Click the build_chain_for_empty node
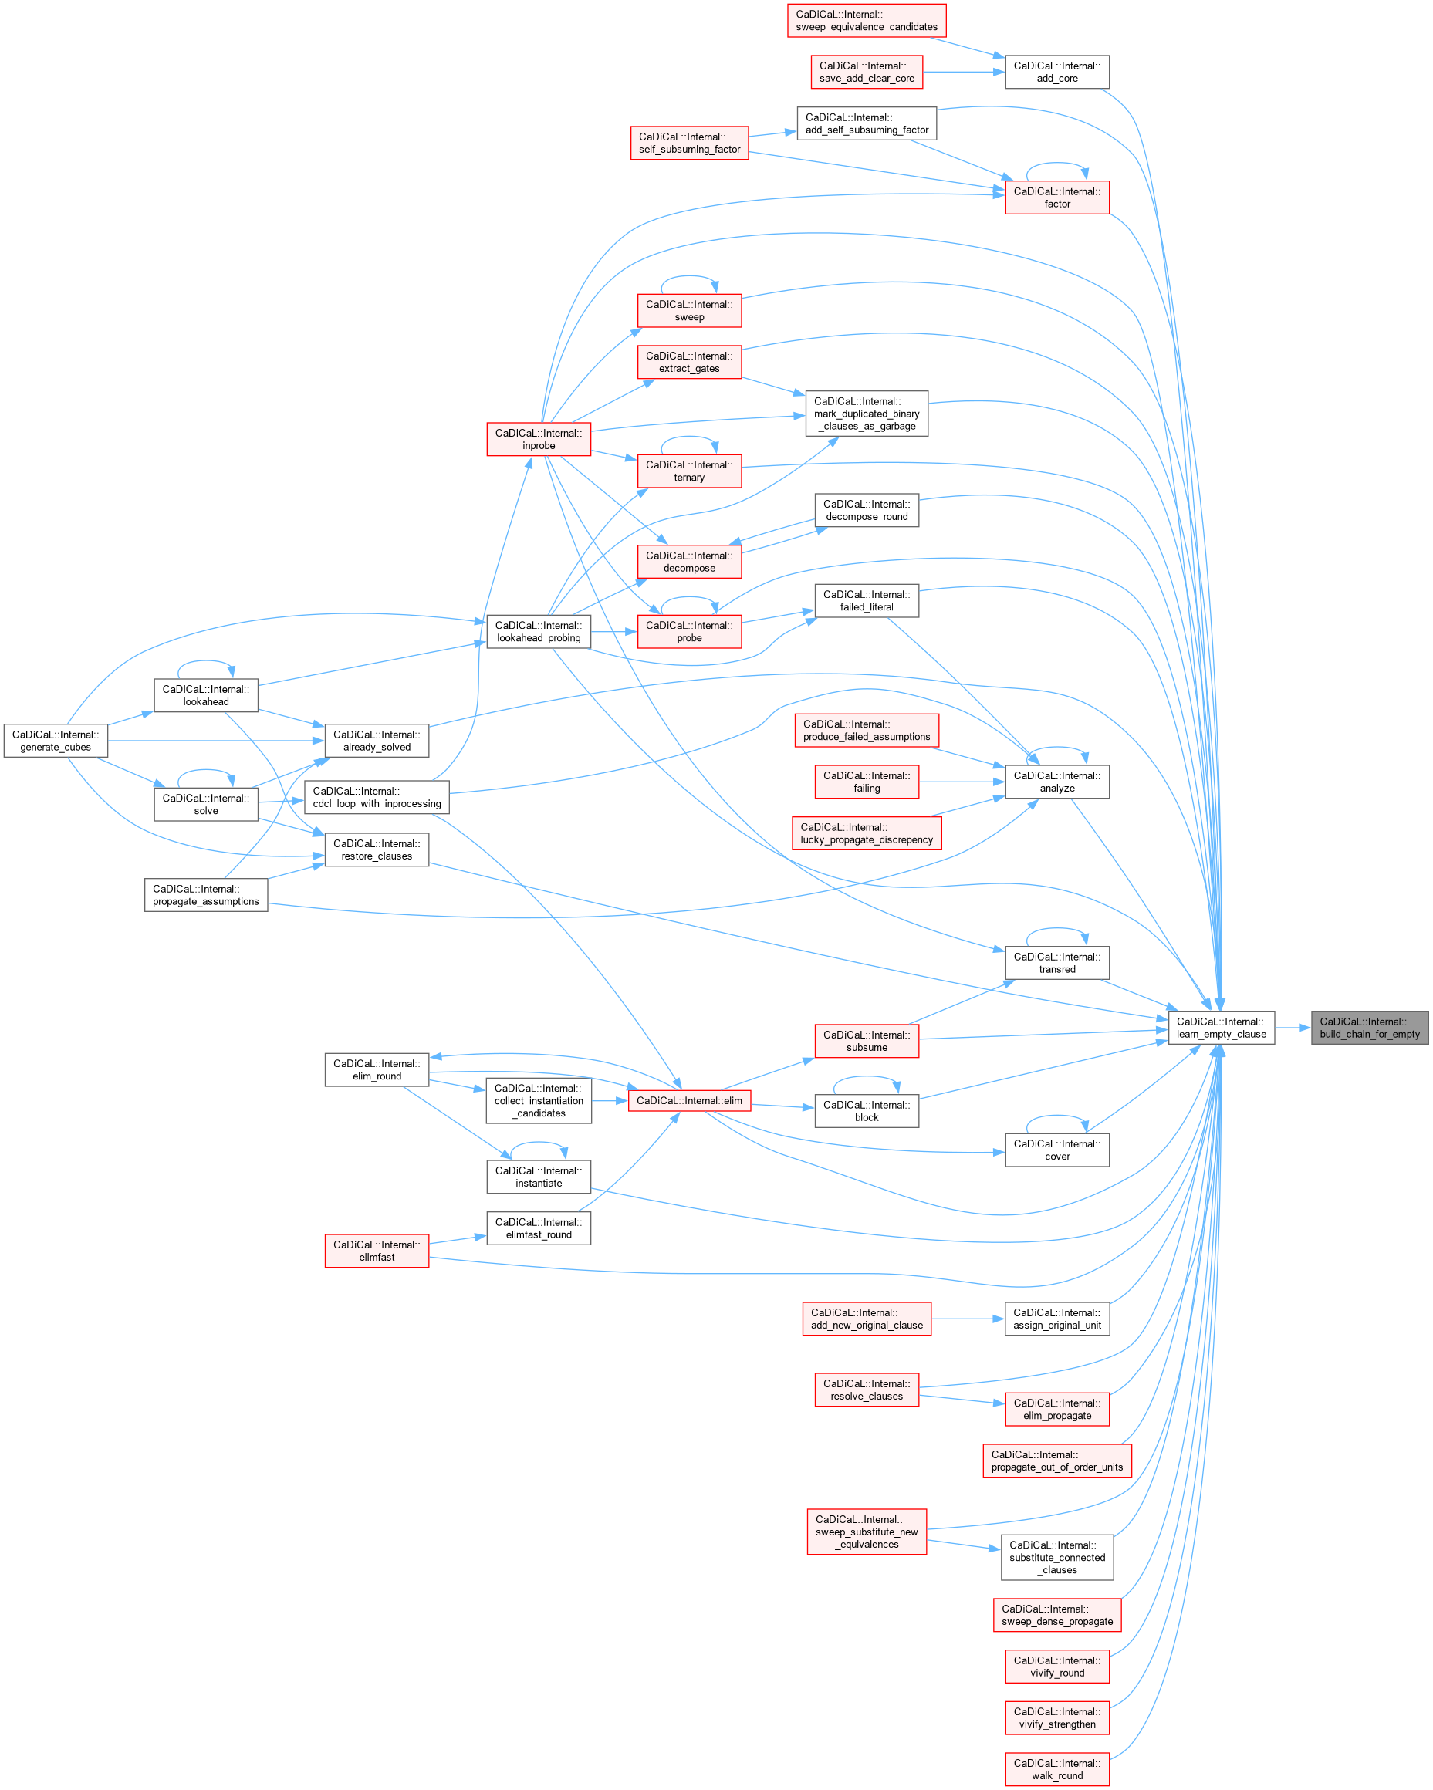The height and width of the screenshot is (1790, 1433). pyautogui.click(x=1369, y=1028)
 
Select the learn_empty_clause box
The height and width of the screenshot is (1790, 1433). pyautogui.click(x=1221, y=1028)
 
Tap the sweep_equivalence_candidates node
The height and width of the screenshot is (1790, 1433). pyautogui.click(x=866, y=21)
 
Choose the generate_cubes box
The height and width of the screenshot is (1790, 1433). pyautogui.click(x=56, y=741)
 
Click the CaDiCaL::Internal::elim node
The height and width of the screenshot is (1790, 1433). pyautogui.click(x=689, y=1101)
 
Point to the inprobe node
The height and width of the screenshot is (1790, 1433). pyautogui.click(x=538, y=439)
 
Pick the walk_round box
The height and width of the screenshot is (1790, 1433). pyautogui.click(x=1057, y=1769)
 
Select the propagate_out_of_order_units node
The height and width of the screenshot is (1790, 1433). pyautogui.click(x=1056, y=1461)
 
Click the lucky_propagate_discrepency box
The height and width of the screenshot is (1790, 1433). pyautogui.click(x=866, y=833)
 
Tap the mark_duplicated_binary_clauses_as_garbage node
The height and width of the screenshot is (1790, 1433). pyautogui.click(x=866, y=414)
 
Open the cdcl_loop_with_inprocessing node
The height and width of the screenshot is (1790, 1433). pyautogui.click(x=377, y=797)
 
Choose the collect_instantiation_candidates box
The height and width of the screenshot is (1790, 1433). pyautogui.click(x=538, y=1101)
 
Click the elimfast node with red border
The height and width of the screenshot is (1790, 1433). pyautogui.click(x=376, y=1251)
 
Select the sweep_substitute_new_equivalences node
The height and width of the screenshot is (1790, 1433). pyautogui.click(x=866, y=1532)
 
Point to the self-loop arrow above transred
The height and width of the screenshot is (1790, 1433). pyautogui.click(x=1056, y=930)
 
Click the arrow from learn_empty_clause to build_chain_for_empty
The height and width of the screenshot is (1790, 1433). pyautogui.click(x=1292, y=1028)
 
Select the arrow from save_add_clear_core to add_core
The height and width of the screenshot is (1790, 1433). pyautogui.click(x=963, y=73)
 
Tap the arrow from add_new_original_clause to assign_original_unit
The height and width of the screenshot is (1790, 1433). pyautogui.click(x=967, y=1319)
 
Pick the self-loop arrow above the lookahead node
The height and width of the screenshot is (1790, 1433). pyautogui.click(x=206, y=662)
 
